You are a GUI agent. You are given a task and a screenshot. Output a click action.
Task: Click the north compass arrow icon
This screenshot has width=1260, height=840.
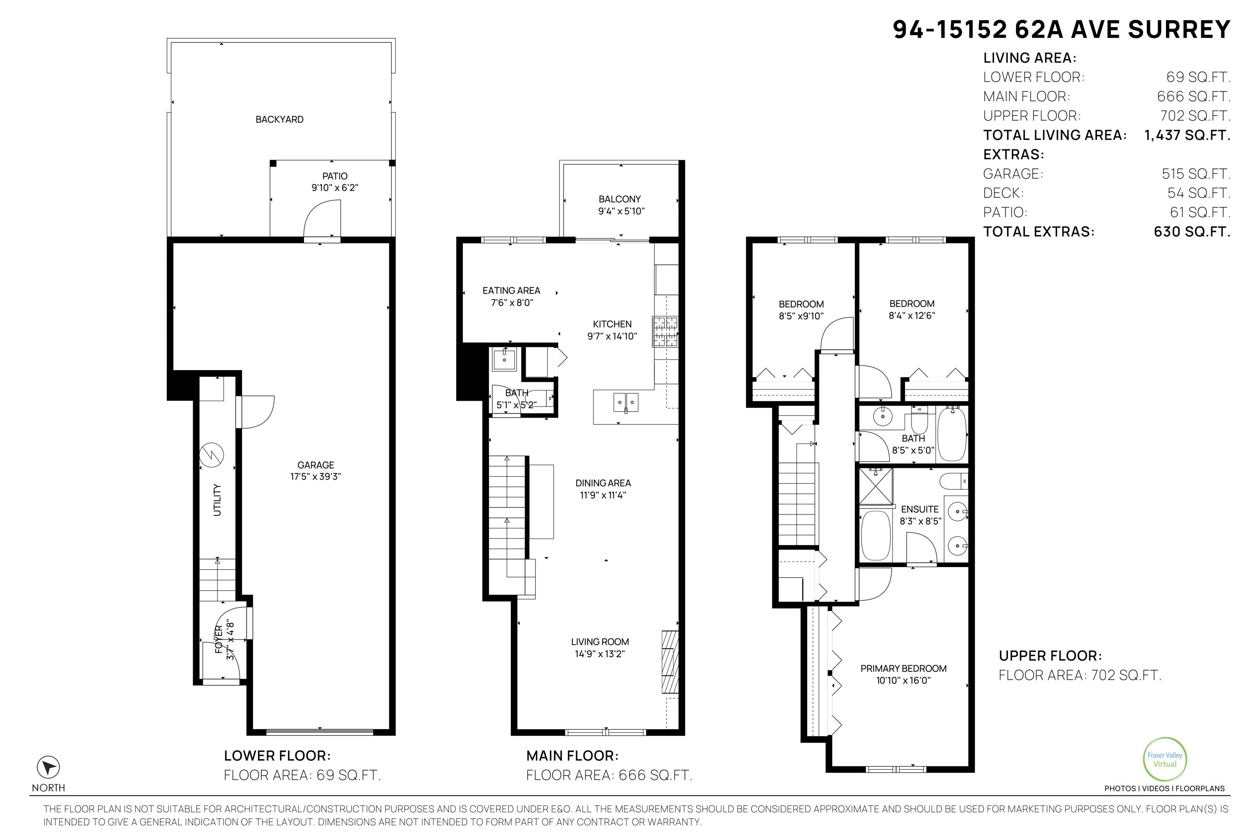coord(48,768)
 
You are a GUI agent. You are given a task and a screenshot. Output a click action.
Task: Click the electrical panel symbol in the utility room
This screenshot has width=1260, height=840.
coord(212,455)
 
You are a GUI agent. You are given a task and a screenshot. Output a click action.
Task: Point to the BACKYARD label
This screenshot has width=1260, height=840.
coord(279,119)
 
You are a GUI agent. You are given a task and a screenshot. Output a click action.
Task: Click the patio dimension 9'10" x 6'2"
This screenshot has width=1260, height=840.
coord(335,187)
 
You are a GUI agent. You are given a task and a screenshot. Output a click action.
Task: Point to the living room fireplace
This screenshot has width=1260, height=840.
coord(670,662)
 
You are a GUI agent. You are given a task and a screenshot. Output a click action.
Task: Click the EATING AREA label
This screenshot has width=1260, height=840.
coord(511,290)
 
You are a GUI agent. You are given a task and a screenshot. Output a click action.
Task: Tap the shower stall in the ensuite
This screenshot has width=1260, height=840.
coord(876,486)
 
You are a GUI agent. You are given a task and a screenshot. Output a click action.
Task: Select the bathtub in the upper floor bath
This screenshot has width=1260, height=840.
coord(952,433)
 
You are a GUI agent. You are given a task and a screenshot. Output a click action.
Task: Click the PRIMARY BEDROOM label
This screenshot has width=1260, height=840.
coord(903,668)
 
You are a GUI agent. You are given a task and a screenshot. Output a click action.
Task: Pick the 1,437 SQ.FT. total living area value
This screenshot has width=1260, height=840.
coord(1187,135)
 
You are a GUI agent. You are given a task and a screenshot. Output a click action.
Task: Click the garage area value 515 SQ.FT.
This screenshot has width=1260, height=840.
coord(1196,173)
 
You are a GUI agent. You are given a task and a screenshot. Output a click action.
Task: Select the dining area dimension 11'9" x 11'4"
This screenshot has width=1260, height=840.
coord(603,495)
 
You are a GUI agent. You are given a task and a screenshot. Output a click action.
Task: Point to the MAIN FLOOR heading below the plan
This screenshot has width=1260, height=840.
coord(572,756)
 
